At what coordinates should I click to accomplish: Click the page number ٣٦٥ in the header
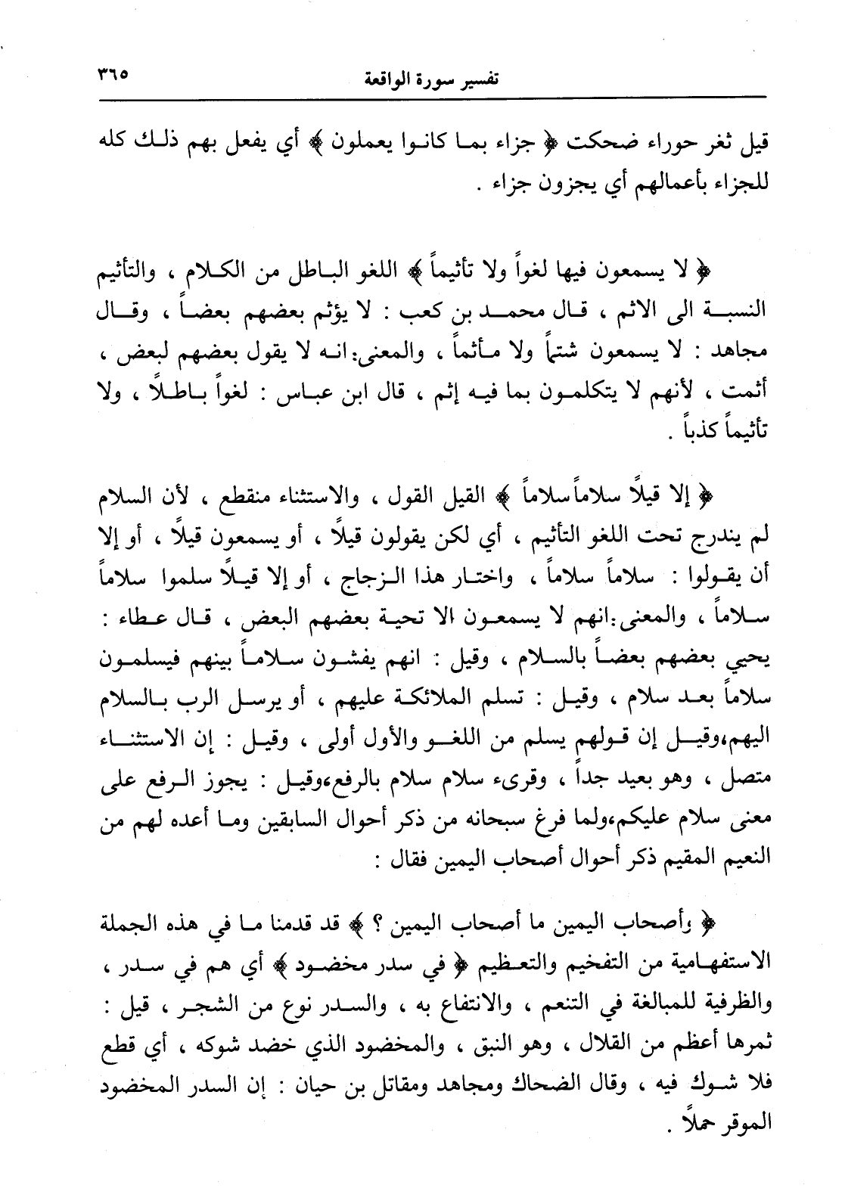click(113, 76)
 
